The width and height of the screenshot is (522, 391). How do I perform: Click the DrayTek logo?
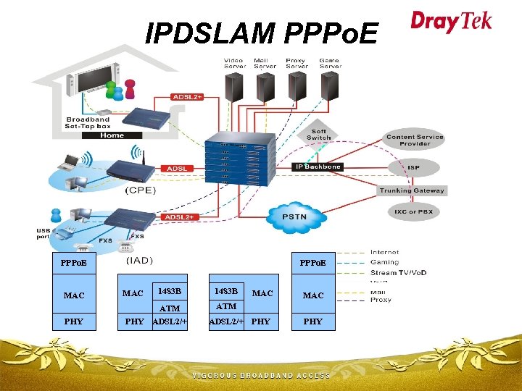pyautogui.click(x=451, y=21)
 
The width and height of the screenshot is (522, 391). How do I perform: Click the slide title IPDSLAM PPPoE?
pyautogui.click(x=262, y=33)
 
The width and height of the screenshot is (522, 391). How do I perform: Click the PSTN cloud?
pyautogui.click(x=294, y=216)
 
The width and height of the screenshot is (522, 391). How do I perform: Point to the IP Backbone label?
pyautogui.click(x=317, y=167)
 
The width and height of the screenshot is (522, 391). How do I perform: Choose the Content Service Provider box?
pyautogui.click(x=415, y=140)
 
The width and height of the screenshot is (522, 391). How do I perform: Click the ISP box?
pyautogui.click(x=413, y=167)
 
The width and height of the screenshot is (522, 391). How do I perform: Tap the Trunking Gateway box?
pyautogui.click(x=412, y=190)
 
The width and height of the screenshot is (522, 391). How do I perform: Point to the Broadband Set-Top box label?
pyautogui.click(x=88, y=123)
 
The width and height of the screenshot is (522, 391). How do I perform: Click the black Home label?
pyautogui.click(x=112, y=135)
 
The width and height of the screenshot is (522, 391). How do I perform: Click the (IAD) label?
pyautogui.click(x=142, y=259)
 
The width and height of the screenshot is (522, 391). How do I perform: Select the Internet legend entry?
pyautogui.click(x=384, y=253)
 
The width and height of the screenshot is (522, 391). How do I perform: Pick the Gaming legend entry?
pyautogui.click(x=384, y=262)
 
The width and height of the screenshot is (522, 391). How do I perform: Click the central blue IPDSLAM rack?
pyautogui.click(x=240, y=159)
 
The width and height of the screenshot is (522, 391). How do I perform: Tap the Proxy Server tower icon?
pyautogui.click(x=297, y=87)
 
